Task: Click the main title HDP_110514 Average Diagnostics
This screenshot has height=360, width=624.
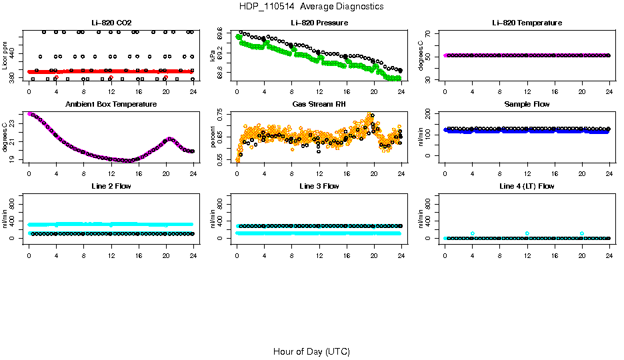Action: click(312, 7)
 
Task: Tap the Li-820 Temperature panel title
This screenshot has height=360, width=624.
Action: click(527, 23)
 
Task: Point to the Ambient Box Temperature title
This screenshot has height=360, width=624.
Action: click(111, 105)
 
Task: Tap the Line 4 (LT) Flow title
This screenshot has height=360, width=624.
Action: click(527, 187)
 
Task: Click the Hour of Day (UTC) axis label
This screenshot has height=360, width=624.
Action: click(311, 351)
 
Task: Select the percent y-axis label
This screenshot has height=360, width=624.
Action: click(213, 137)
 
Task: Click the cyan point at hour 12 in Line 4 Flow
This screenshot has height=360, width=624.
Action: click(527, 233)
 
